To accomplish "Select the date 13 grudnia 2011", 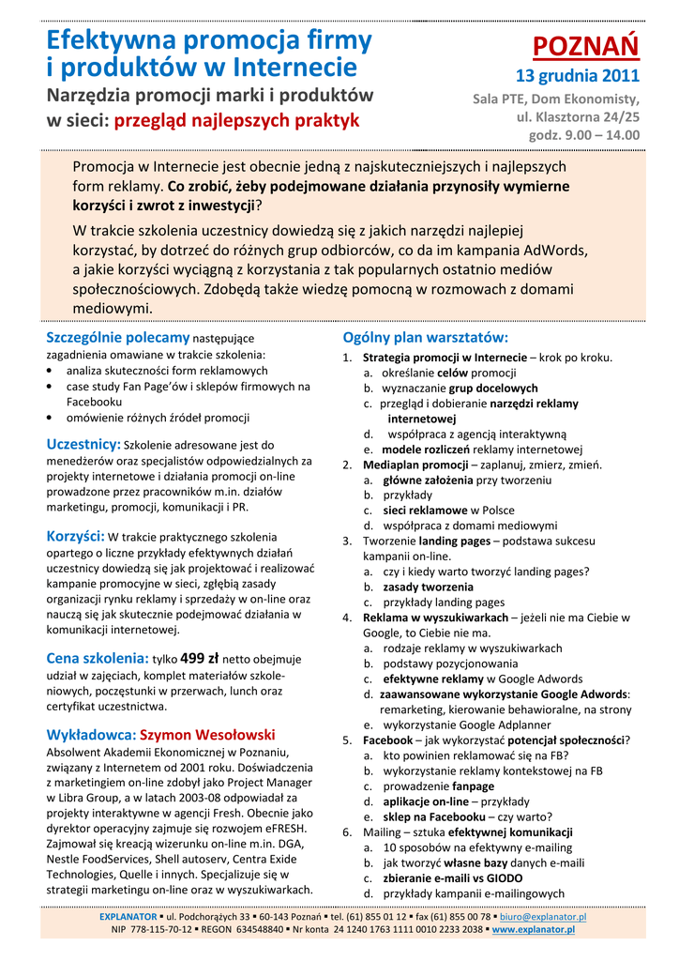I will tap(578, 76).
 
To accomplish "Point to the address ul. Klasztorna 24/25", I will tap(578, 116).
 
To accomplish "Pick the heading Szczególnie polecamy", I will tap(118, 338).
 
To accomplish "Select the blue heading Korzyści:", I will tap(76, 536).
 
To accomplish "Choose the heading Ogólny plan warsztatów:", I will tap(426, 338).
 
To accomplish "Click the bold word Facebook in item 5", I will tap(387, 740).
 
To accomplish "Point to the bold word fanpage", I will tap(473, 786).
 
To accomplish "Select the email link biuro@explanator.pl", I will tap(543, 916).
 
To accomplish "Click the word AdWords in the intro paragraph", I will tap(554, 251).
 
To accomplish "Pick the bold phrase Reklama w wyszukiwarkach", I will tap(435, 618).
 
